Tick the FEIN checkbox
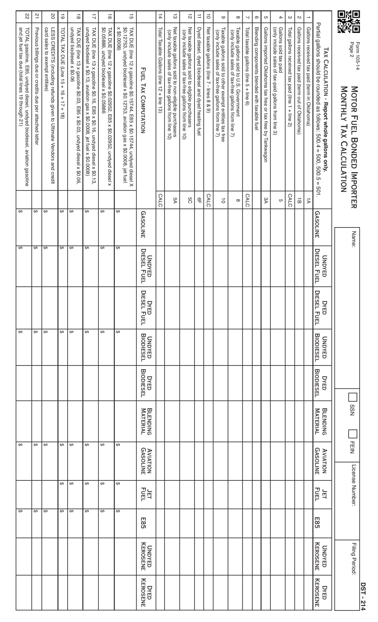(353, 434)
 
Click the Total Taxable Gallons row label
(160, 63)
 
